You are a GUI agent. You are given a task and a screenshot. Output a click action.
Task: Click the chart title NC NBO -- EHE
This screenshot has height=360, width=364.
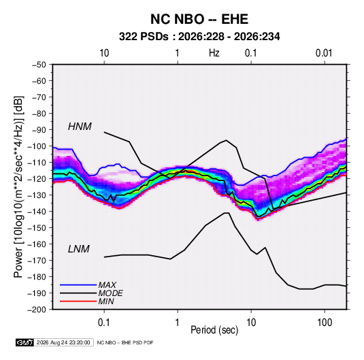(x=199, y=19)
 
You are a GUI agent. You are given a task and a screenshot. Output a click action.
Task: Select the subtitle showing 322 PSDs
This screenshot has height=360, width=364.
(x=199, y=37)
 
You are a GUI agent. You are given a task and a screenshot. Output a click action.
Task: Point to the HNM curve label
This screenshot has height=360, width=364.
(x=80, y=127)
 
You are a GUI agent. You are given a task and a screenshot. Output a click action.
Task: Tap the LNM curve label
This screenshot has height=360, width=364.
(x=79, y=249)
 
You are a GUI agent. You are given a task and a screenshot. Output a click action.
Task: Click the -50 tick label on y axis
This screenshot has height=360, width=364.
(x=39, y=65)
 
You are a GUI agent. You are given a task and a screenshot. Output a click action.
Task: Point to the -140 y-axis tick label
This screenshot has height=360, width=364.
(x=37, y=212)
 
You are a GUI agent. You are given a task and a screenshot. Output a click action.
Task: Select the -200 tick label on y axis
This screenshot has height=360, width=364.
(x=37, y=310)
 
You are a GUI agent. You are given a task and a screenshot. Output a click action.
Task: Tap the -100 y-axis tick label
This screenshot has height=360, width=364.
(x=37, y=146)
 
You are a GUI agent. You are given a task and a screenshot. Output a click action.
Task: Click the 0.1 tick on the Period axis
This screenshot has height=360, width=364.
(x=104, y=322)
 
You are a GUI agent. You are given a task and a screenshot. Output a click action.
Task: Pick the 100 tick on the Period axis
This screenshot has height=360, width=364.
(x=325, y=322)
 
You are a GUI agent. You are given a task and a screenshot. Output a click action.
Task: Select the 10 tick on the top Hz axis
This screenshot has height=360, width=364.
(x=104, y=53)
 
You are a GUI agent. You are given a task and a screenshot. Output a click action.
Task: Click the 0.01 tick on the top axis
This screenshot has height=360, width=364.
(x=324, y=53)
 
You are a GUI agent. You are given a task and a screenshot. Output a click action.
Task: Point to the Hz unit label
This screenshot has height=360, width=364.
(x=214, y=53)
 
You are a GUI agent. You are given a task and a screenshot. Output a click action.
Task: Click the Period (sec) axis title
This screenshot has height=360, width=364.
(x=214, y=330)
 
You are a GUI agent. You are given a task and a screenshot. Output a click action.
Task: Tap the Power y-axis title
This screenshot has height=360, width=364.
(x=18, y=187)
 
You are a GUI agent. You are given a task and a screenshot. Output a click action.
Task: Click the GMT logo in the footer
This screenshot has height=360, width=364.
(x=25, y=342)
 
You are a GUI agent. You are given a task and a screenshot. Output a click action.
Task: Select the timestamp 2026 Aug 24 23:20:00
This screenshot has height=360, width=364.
(x=63, y=342)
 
